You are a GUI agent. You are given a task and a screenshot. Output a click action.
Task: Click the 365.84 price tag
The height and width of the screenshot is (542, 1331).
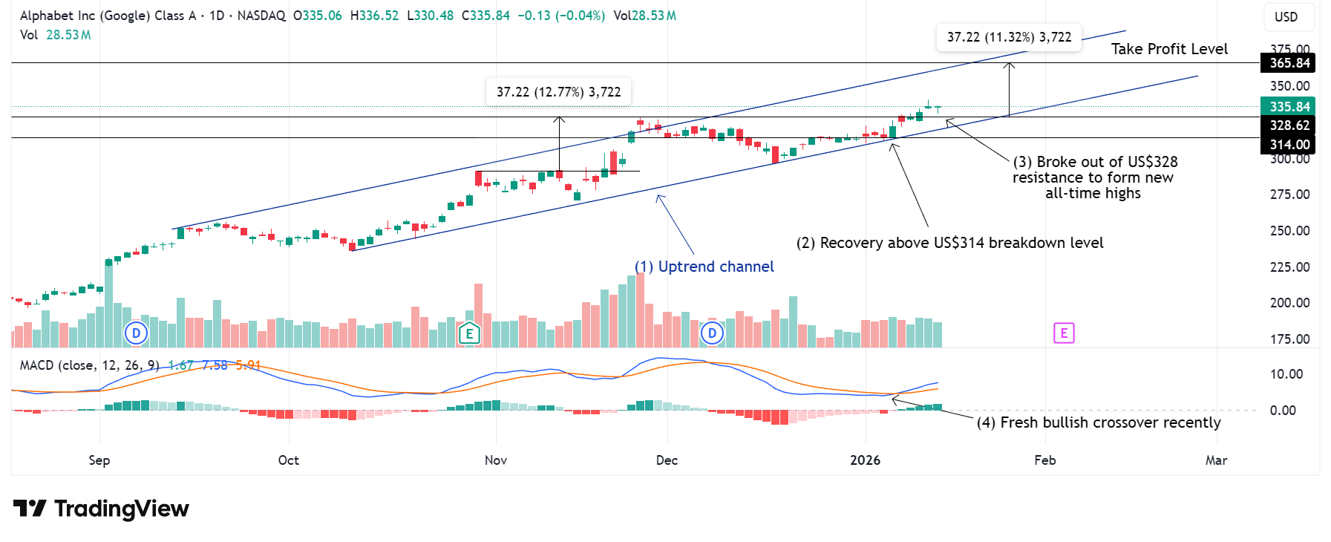coord(1288,63)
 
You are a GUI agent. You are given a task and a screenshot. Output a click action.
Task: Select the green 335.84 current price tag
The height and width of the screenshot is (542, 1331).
coord(1288,107)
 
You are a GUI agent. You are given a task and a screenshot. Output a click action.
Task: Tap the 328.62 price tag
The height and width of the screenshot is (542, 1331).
coord(1288,125)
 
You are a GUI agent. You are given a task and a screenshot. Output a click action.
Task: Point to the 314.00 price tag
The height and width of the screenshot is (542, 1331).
coord(1288,145)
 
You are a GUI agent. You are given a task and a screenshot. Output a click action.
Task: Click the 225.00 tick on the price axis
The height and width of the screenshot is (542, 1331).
coord(1289,267)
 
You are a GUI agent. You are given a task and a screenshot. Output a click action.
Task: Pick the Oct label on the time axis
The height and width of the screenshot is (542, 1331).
coord(288,460)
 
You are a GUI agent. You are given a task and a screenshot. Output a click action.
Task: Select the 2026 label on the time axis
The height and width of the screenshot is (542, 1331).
coord(865,460)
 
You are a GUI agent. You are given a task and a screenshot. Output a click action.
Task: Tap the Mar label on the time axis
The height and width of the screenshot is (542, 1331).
coord(1216,460)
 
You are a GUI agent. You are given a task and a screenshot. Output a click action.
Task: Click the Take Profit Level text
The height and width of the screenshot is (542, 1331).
coord(1169,49)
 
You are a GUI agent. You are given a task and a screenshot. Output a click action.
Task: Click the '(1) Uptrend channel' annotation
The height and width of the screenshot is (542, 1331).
coord(704,267)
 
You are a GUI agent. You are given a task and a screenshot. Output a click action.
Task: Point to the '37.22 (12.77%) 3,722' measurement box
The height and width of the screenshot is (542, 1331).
coord(558,92)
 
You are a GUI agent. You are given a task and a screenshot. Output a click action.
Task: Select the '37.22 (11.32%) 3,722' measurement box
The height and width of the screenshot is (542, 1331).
coord(1009,37)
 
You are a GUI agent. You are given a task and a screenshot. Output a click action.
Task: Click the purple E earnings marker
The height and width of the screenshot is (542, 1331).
coord(1064,333)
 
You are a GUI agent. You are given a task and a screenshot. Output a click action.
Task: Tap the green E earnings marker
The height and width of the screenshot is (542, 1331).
coord(469,333)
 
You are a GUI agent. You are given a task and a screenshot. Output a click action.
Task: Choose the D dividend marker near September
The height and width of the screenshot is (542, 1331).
coord(136,333)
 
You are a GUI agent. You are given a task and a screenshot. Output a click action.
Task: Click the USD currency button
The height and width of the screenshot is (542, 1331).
coord(1286,17)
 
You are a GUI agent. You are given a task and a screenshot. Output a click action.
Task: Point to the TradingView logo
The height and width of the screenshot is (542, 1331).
coord(101,509)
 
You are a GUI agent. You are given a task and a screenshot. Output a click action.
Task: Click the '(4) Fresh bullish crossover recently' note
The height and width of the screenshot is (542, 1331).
coord(1099,422)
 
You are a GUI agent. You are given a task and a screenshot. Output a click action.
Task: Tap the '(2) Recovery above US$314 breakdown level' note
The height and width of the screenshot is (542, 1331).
coord(949,243)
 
